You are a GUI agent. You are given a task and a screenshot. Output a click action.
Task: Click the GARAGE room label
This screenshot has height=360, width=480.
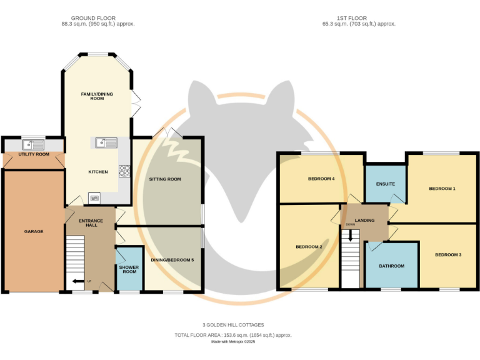[34, 231]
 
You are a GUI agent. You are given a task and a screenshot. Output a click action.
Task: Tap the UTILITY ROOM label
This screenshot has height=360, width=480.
[34, 154]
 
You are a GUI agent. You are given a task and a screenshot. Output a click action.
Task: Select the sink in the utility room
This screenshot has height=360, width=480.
[34, 144]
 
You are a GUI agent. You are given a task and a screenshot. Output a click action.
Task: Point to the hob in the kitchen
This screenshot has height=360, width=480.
[124, 169]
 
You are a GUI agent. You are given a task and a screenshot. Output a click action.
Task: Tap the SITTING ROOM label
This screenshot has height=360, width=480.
[165, 179]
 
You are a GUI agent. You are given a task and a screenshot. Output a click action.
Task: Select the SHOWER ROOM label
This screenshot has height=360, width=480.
[129, 269]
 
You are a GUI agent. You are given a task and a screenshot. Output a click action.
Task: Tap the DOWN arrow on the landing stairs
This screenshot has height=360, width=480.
[351, 235]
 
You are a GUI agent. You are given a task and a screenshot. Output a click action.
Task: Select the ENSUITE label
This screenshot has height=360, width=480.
[385, 184]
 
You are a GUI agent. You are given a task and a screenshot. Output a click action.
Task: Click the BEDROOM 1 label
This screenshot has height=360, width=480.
[441, 188]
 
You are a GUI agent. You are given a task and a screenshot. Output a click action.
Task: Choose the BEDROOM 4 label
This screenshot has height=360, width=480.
[321, 179]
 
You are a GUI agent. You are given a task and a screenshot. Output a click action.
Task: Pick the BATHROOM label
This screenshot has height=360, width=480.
[391, 266]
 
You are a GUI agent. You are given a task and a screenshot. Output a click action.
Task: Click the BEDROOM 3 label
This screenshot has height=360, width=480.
[448, 254]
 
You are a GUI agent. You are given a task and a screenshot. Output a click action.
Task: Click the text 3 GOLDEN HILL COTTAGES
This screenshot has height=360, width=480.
[233, 325]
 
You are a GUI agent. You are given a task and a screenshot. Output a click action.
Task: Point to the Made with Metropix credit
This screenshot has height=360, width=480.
[233, 342]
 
